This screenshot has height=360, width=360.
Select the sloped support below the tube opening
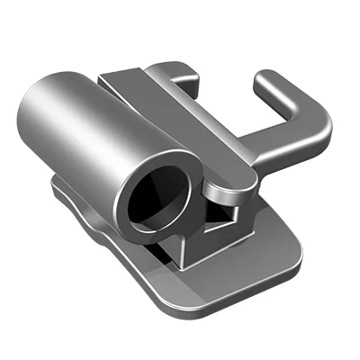(x=175, y=247)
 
